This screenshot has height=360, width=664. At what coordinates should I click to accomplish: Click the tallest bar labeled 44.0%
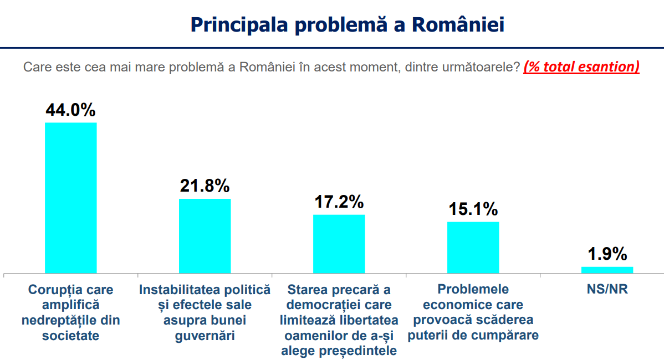point(70,198)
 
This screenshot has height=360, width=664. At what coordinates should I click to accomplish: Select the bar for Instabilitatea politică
point(205,236)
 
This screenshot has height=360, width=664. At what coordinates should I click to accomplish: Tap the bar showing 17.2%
point(339,244)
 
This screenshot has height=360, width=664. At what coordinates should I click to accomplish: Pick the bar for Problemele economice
point(473,248)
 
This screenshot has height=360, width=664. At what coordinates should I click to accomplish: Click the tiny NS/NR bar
point(607,270)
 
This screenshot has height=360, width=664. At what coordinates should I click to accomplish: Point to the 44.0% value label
point(70,110)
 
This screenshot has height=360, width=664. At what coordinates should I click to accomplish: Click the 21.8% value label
point(205,186)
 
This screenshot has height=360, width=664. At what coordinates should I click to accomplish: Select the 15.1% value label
point(473,209)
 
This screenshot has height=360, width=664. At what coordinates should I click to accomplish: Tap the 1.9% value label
point(607,254)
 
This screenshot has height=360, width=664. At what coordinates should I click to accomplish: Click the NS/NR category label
point(607,290)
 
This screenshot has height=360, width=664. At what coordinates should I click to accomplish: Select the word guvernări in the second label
point(205,336)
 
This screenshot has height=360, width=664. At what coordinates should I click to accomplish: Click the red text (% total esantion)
point(581,67)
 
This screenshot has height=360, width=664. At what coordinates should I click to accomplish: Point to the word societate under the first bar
point(70,336)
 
